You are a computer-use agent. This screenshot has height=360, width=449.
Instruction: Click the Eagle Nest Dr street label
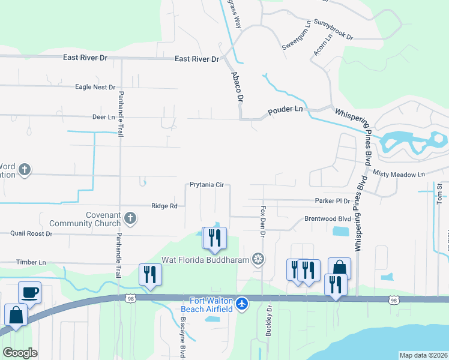coord(95,87)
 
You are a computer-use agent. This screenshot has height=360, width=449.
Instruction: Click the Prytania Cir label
coord(206,185)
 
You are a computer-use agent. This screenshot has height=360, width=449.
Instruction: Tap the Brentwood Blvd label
coord(327,219)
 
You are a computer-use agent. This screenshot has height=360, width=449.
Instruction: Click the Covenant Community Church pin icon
coord(129,218)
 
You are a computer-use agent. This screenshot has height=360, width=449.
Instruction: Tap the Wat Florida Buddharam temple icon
coord(258,259)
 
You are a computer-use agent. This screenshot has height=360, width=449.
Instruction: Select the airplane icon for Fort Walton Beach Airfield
coord(241,304)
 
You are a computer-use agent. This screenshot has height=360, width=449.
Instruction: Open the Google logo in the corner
coord(20,353)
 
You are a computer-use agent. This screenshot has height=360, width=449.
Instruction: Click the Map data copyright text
coord(423,355)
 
